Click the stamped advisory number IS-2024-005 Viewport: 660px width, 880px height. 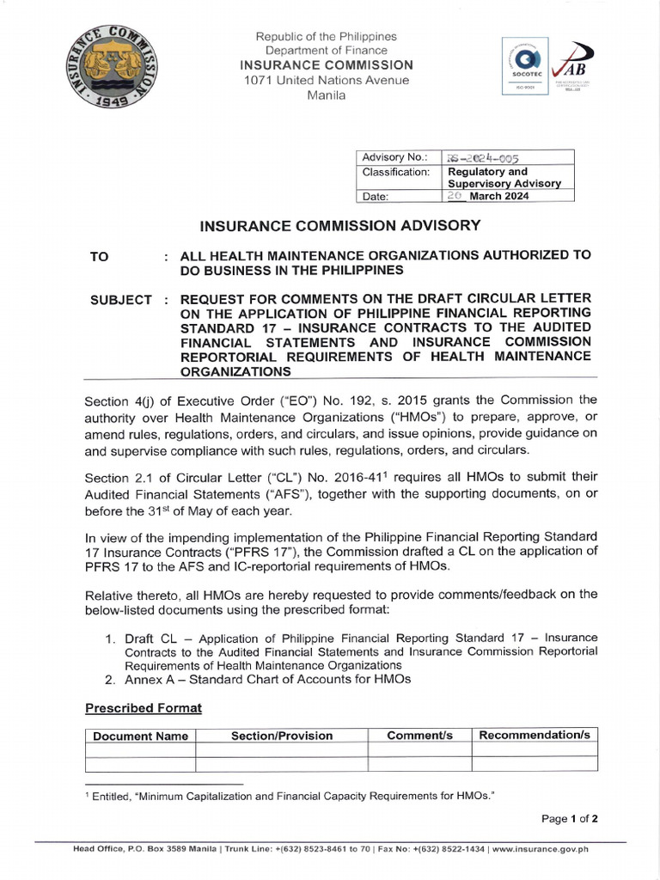pos(484,157)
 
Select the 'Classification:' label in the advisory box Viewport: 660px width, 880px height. pos(396,172)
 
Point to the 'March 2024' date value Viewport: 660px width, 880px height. pos(499,195)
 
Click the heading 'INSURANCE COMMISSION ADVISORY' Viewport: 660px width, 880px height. pos(339,226)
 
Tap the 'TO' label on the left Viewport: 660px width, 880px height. pos(100,256)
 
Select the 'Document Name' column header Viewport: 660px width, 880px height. pos(140,736)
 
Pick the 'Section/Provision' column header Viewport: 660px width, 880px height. pos(281,736)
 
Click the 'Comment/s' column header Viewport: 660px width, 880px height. pos(419,736)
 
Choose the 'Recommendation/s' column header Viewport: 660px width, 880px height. pos(535,736)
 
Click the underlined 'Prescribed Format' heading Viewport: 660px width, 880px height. pos(144,708)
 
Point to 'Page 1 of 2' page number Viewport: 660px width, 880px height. pos(569,818)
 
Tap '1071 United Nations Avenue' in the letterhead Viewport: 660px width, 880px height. pos(326,80)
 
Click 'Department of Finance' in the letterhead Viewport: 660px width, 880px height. pos(326,51)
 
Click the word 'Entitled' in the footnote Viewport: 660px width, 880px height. pos(112,797)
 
